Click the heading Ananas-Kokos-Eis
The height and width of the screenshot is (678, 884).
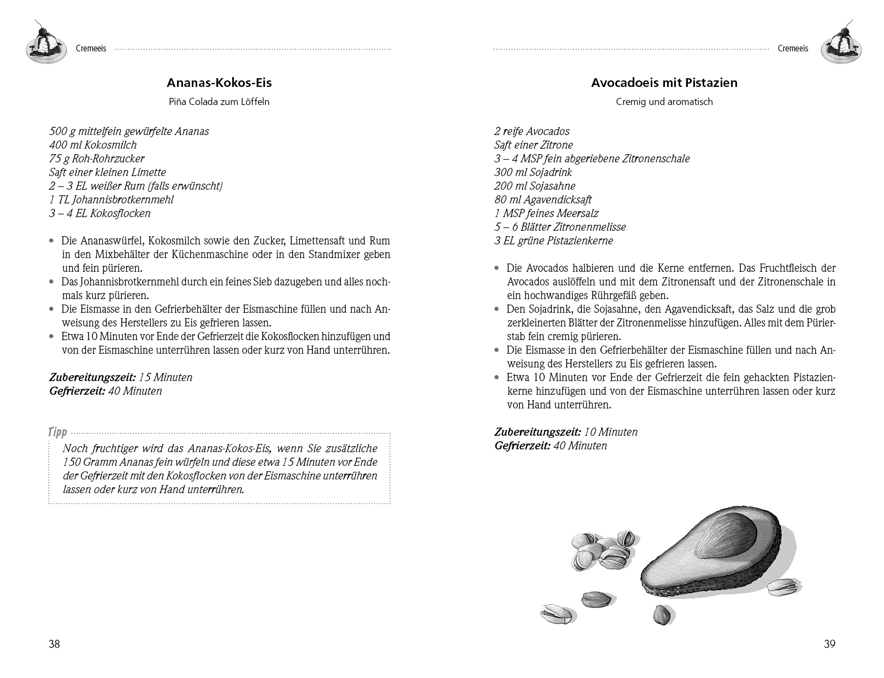coord(219,83)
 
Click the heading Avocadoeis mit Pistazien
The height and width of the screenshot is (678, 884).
coord(664,83)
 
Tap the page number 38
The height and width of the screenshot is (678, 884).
coord(54,644)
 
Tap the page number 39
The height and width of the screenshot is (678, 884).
coord(829,644)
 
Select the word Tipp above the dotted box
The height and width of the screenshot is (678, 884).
coord(57,432)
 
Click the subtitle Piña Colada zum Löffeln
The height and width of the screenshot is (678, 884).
coord(219,102)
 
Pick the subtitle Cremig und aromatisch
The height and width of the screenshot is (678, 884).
coord(664,102)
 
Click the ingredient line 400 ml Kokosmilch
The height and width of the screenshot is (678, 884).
coord(93,145)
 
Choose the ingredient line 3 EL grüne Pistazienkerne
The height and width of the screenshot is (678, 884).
coord(553,241)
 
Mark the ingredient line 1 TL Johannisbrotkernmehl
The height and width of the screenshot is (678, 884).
coord(111,200)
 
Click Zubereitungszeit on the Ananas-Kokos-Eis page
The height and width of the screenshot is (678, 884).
coord(92,377)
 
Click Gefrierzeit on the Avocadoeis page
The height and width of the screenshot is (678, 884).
coord(522,446)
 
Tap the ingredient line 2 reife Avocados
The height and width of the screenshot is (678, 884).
coord(532,131)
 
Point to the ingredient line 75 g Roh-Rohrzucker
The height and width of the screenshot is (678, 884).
coord(97,159)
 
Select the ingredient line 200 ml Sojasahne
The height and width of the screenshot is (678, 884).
coord(534,186)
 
